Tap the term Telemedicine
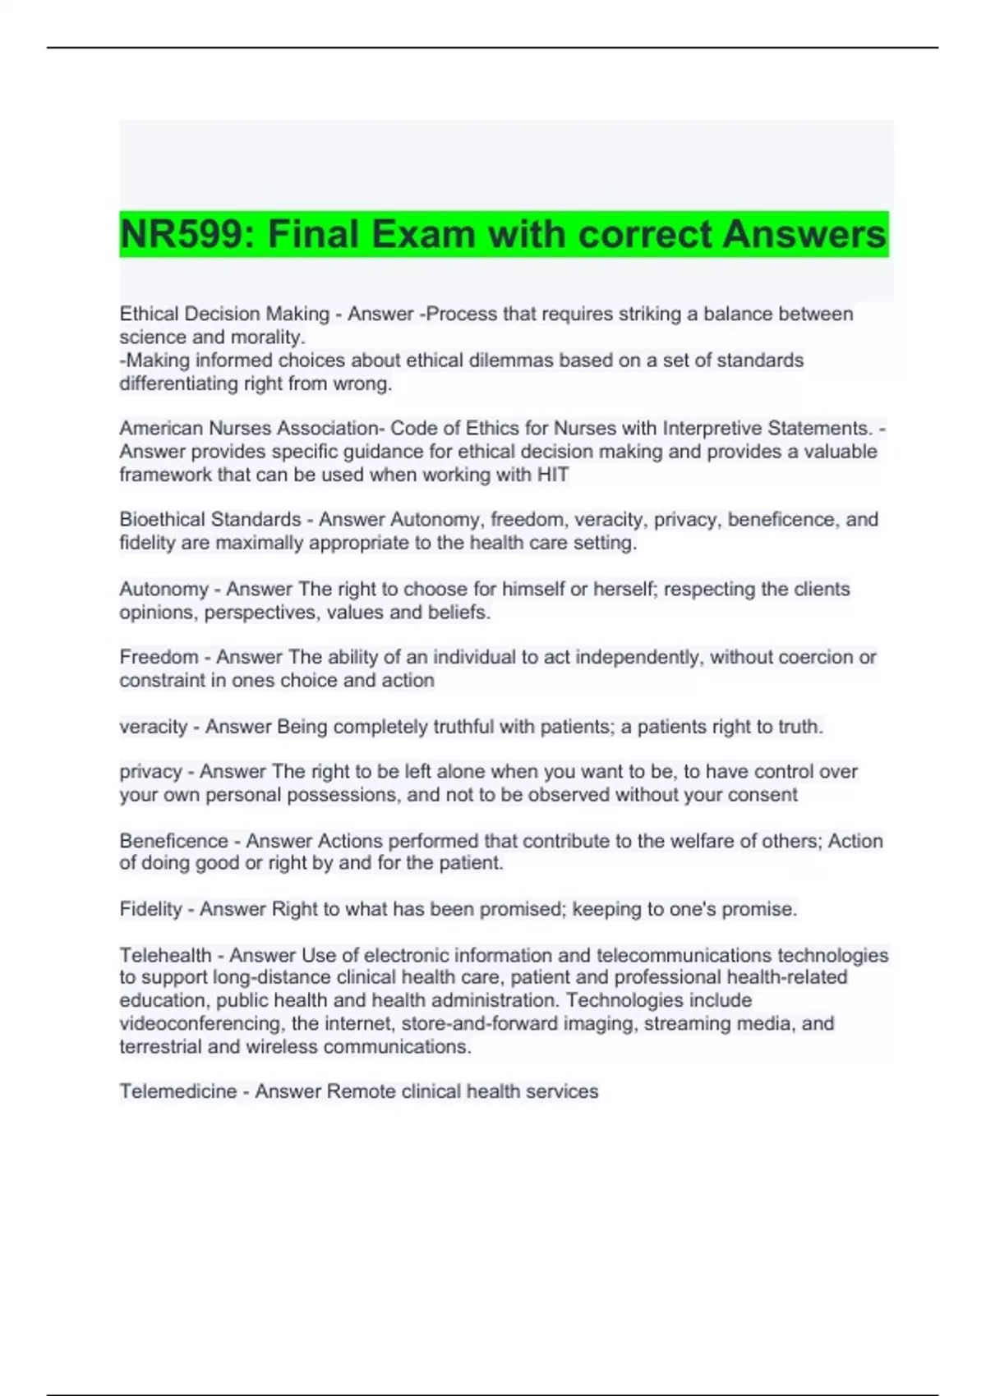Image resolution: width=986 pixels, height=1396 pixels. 177,1091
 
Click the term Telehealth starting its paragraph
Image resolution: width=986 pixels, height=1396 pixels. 165,955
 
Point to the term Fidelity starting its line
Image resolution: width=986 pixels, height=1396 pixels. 150,909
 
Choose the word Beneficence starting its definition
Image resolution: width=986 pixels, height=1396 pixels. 173,841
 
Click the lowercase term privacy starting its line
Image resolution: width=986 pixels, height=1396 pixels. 150,772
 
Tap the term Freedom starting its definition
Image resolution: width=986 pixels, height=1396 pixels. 159,657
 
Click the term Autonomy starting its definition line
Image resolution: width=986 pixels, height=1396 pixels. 164,589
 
